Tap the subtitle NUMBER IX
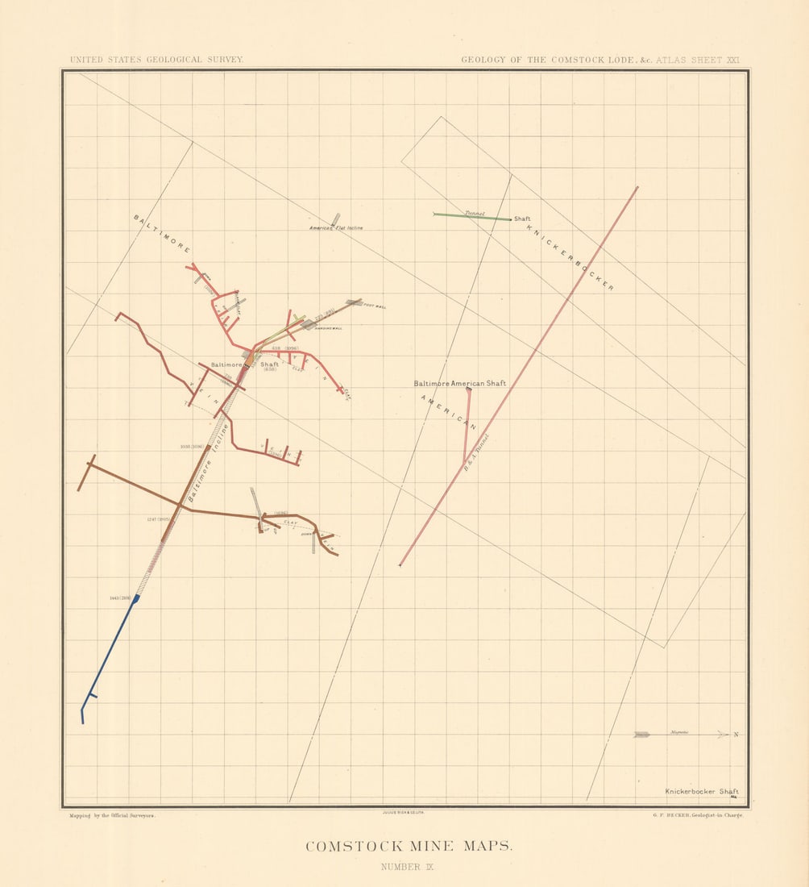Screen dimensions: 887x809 pyautogui.click(x=408, y=868)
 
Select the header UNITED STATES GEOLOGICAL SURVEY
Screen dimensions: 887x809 pyautogui.click(x=156, y=60)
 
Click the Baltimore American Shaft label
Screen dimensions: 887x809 pyautogui.click(x=459, y=384)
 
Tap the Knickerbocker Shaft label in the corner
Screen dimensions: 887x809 pyautogui.click(x=701, y=792)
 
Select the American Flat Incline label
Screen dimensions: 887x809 pyautogui.click(x=337, y=228)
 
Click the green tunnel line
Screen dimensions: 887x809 pyautogui.click(x=471, y=216)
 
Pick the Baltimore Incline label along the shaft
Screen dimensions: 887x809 pyautogui.click(x=208, y=463)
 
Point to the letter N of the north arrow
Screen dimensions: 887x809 pyautogui.click(x=736, y=735)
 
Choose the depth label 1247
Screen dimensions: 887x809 pyautogui.click(x=156, y=519)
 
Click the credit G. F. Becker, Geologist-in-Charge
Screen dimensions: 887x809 pyautogui.click(x=699, y=816)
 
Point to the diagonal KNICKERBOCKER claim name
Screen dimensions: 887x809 pyautogui.click(x=570, y=257)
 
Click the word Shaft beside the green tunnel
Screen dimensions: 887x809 pyautogui.click(x=522, y=219)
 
